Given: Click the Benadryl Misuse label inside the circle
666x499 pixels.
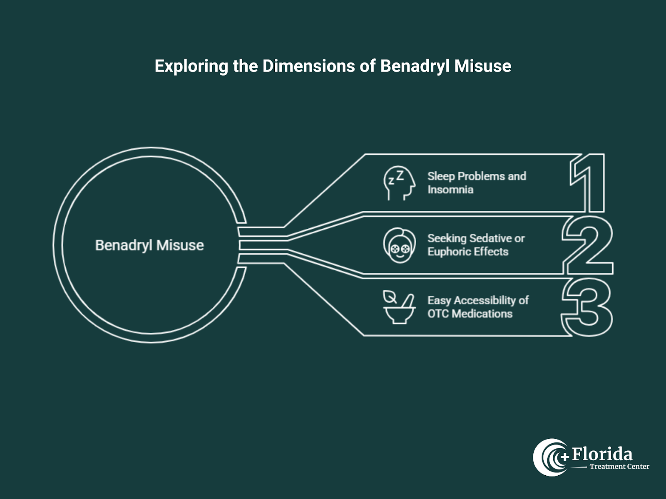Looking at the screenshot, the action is click(x=149, y=245).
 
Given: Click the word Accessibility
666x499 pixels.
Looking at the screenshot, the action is click(x=485, y=300).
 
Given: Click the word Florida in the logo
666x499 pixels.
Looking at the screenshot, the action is click(x=602, y=454).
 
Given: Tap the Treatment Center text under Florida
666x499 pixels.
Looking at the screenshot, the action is click(x=619, y=467).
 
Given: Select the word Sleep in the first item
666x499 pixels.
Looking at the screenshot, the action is click(x=441, y=176).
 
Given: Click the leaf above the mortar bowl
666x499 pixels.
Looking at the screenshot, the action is click(x=390, y=296).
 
